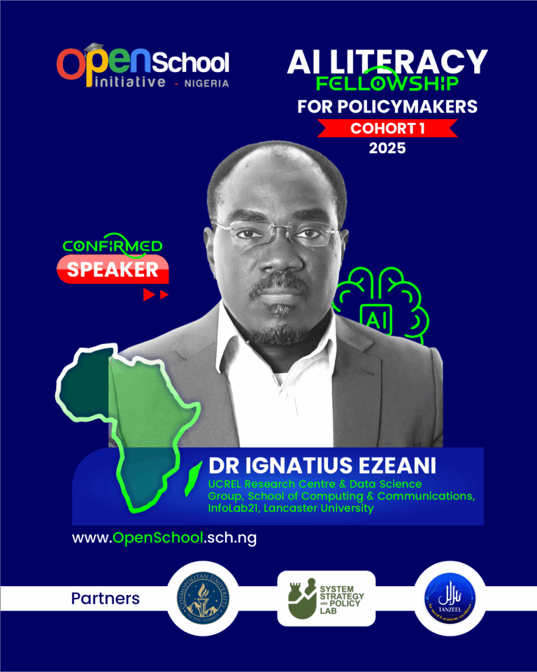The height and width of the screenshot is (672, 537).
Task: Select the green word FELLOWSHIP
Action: [387, 85]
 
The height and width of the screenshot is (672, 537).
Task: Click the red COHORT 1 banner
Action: [387, 128]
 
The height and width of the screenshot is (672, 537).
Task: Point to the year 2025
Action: [387, 148]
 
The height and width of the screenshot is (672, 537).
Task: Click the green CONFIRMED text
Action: [113, 246]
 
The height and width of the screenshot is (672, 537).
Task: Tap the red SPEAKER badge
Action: [113, 269]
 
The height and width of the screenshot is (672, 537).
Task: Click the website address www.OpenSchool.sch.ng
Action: [159, 538]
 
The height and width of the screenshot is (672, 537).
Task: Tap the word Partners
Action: [105, 599]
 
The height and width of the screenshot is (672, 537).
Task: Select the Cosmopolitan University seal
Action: [202, 598]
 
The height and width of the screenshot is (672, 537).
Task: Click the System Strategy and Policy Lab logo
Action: [326, 598]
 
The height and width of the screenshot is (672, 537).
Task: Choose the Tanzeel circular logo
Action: [450, 598]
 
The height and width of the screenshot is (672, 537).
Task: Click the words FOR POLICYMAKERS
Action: [387, 107]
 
